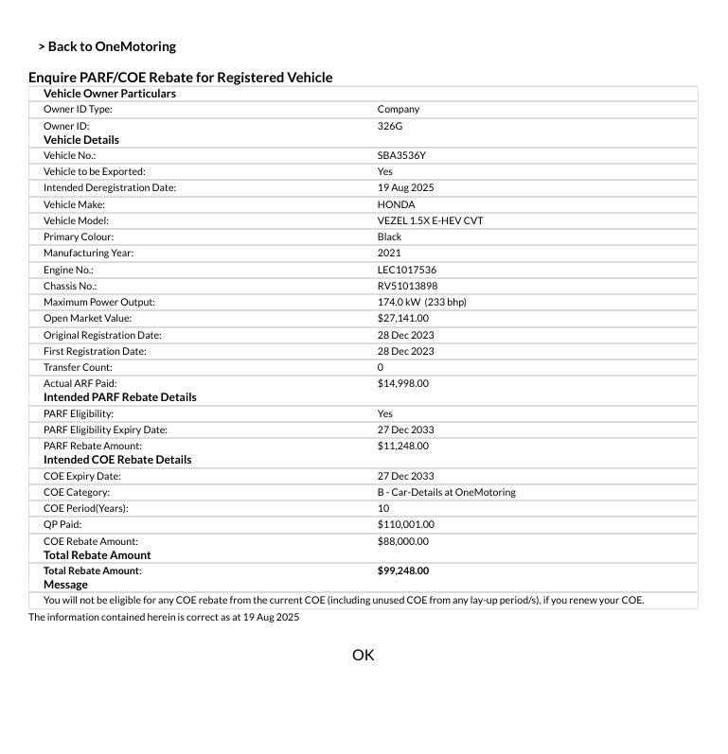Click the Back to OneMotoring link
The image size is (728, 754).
[x=107, y=46]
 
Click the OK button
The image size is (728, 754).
[x=364, y=655]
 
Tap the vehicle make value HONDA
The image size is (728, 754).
[x=396, y=204]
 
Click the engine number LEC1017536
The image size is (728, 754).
[x=407, y=270]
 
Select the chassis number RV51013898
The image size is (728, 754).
[x=407, y=286]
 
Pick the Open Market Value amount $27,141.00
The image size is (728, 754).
[x=402, y=318]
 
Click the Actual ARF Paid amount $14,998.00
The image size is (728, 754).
[x=402, y=383]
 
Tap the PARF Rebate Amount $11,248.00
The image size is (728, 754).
[x=402, y=446]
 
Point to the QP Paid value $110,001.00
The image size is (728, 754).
[x=405, y=524]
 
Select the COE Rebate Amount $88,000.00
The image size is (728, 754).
[x=402, y=541]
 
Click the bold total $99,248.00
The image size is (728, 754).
[x=402, y=570]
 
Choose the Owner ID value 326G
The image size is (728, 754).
[x=390, y=125]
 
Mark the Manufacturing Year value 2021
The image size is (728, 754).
[x=389, y=253]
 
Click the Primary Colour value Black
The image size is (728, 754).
[x=389, y=237]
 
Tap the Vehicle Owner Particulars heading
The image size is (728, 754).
[x=110, y=94]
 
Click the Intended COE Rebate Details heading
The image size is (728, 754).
[x=117, y=460]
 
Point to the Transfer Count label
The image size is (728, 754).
[x=78, y=367]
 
